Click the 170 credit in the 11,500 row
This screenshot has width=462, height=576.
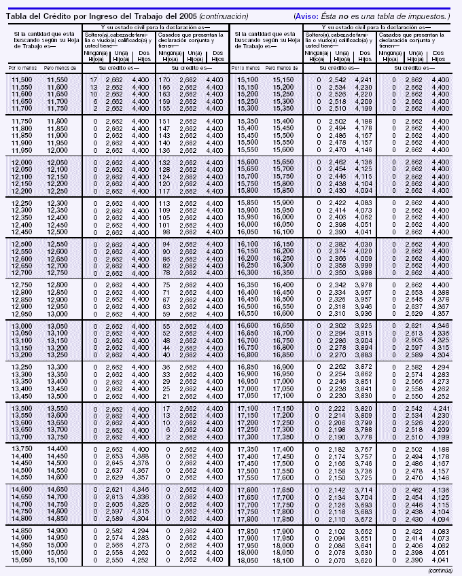tap(164, 81)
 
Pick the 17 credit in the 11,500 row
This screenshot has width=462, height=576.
tap(94, 81)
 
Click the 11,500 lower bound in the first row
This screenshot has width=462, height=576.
tap(22, 81)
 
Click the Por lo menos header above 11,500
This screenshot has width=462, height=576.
tap(21, 69)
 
